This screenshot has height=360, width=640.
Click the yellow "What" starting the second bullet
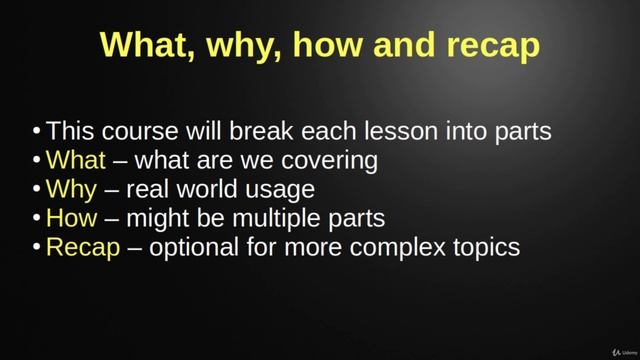coord(75,160)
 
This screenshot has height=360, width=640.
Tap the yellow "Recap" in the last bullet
coord(82,247)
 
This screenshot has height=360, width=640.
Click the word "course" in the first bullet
coord(145,131)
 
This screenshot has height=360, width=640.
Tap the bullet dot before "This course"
coord(37,132)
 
